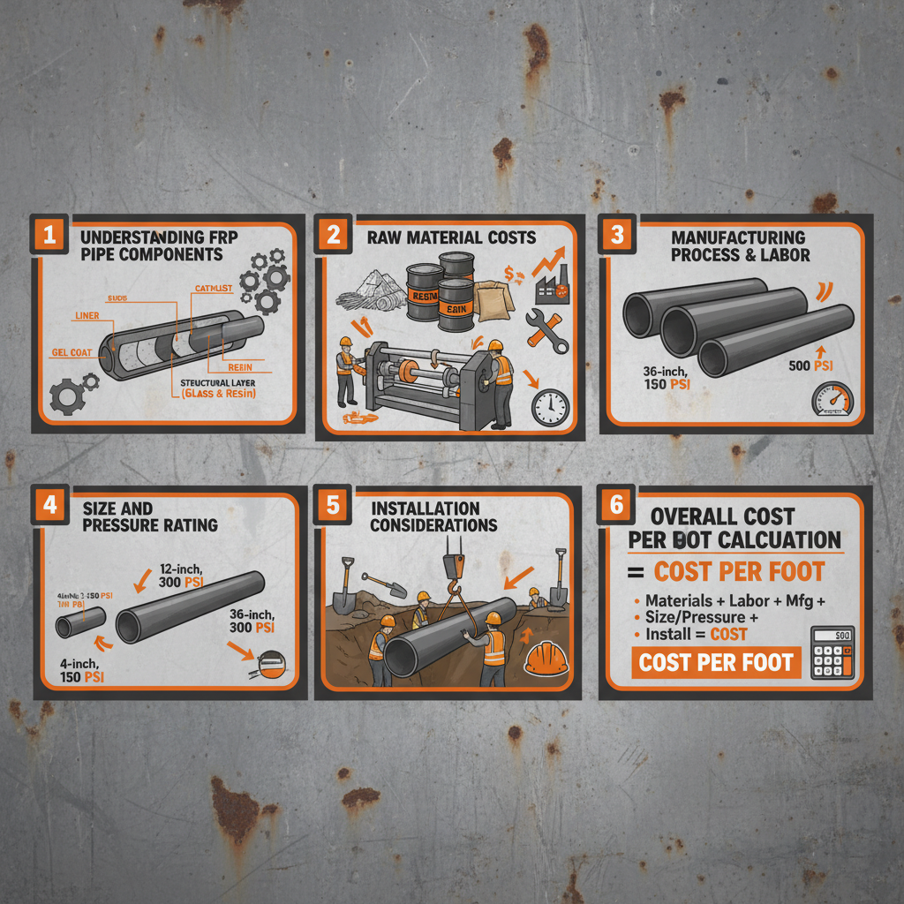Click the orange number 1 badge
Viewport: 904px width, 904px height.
[49, 235]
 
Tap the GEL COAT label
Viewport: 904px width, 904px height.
[72, 352]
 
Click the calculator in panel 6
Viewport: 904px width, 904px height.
[832, 652]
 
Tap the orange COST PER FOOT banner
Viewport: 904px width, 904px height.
[715, 662]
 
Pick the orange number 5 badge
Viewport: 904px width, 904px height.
[332, 505]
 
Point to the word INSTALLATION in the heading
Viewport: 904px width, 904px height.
[425, 508]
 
